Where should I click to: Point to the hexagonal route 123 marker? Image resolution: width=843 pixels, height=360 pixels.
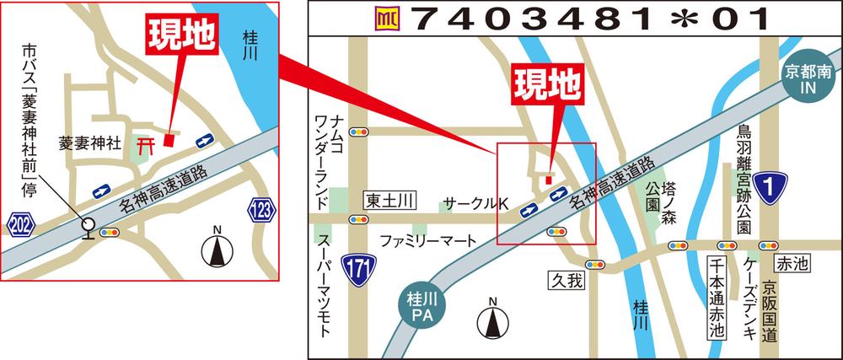pos(262,209)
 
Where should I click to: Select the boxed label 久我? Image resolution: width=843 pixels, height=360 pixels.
pos(566,280)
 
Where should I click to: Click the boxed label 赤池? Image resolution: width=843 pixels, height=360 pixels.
pos(792,263)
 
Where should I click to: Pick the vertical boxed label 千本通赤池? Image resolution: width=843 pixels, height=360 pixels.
pos(717,298)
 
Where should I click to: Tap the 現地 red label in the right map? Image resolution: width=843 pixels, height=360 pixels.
pos(548,83)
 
